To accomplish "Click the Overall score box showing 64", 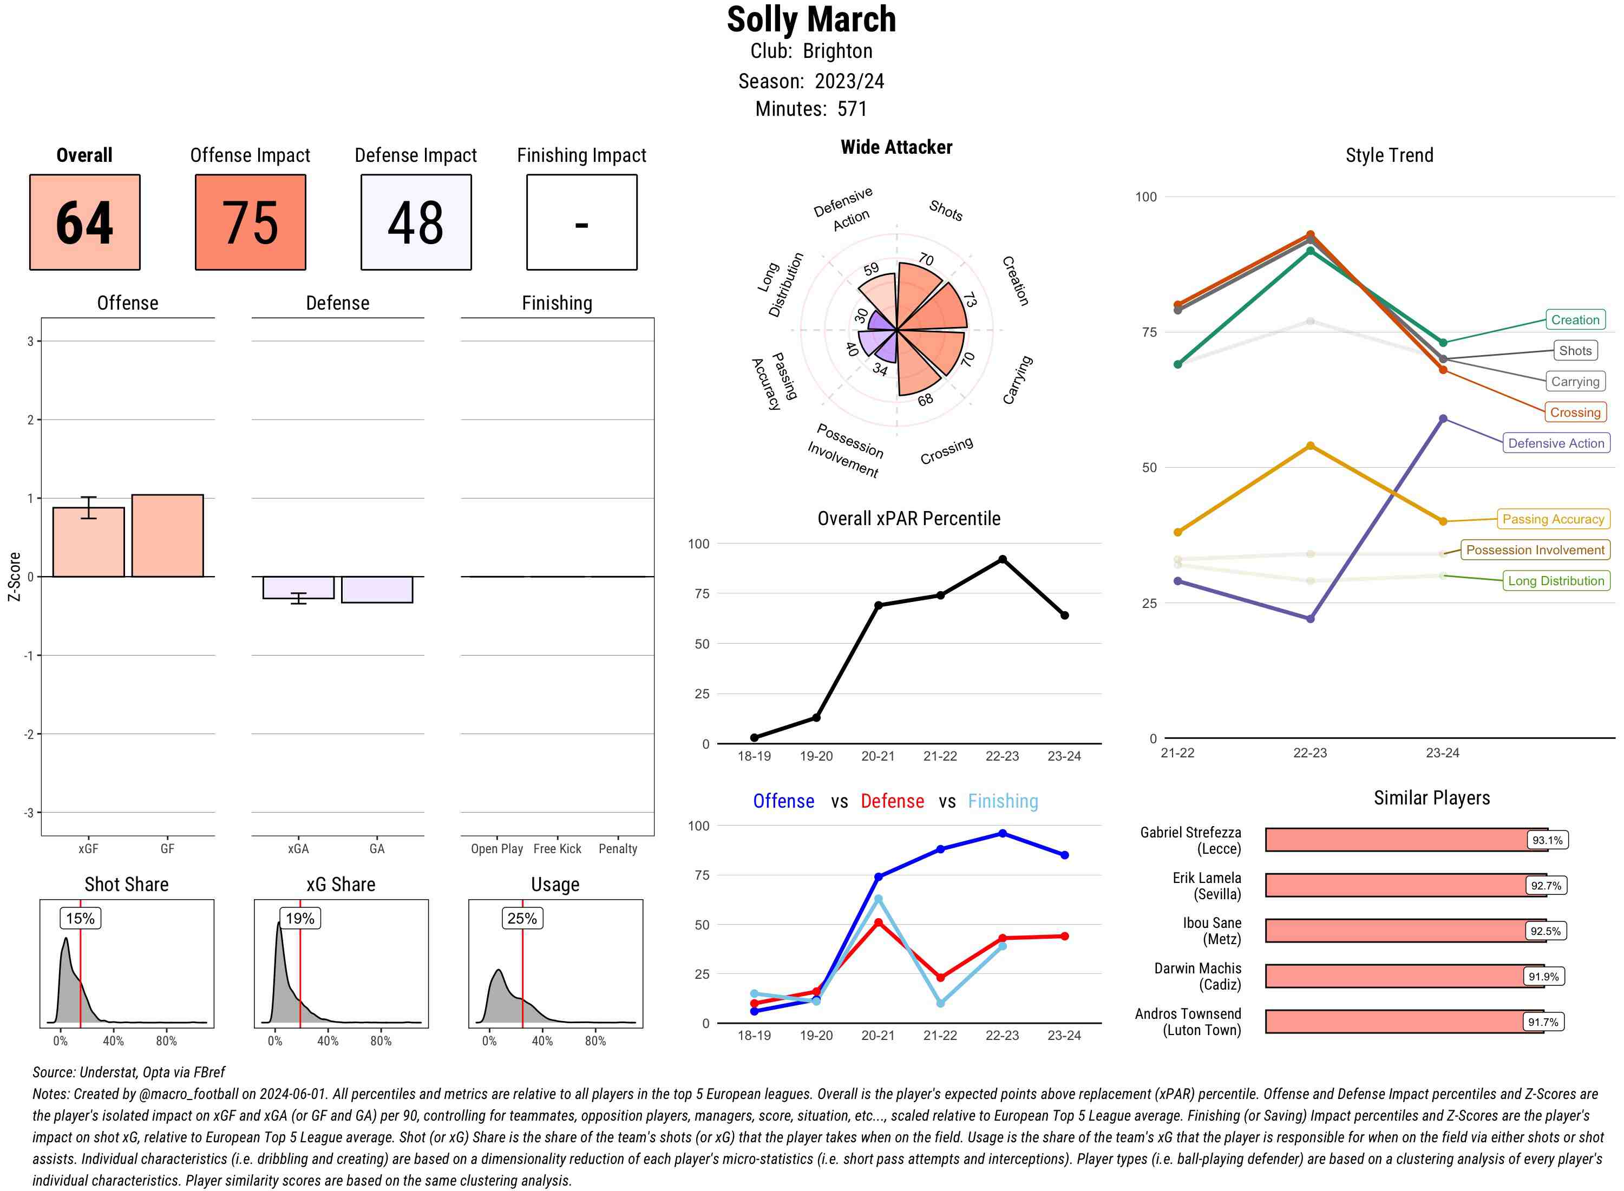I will click(x=84, y=222).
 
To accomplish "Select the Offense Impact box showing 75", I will click(x=250, y=222).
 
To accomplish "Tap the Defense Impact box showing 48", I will click(x=416, y=222).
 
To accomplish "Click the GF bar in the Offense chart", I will click(x=167, y=535).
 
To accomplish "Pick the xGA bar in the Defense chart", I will click(x=298, y=587).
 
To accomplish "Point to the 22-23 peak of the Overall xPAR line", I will click(x=1002, y=559).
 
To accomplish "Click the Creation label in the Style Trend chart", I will click(x=1574, y=320).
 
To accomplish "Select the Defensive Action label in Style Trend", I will click(x=1556, y=443).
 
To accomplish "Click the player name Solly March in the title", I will click(x=811, y=19).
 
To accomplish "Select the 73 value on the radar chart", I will click(x=970, y=299).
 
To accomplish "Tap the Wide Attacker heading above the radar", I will click(x=896, y=147).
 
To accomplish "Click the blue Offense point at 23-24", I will click(x=1065, y=855).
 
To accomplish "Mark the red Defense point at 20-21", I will click(x=878, y=923).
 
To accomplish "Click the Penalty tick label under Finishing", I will click(x=618, y=849).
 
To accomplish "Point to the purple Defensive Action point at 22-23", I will click(x=1311, y=619).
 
